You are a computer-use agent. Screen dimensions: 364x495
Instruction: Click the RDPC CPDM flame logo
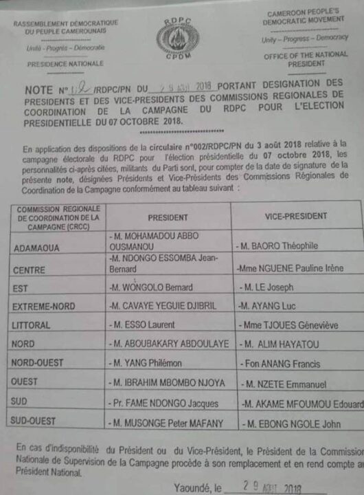click(182, 41)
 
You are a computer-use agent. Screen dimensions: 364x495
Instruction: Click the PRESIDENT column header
click(168, 216)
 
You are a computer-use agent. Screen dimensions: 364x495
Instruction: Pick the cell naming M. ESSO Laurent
click(144, 324)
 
